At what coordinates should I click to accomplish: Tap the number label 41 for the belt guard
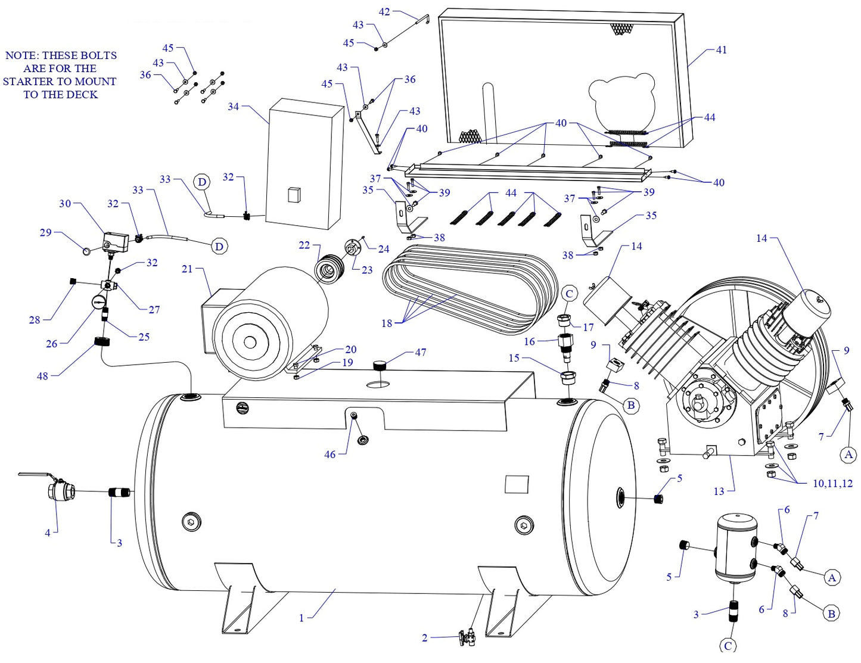(x=721, y=50)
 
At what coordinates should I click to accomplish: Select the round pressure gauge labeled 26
(x=98, y=301)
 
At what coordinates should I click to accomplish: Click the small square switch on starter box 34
(x=294, y=195)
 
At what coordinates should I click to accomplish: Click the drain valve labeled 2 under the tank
(x=467, y=637)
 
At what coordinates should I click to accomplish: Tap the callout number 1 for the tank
(x=301, y=618)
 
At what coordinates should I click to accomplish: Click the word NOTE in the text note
(x=21, y=55)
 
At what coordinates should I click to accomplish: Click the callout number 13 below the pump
(x=719, y=491)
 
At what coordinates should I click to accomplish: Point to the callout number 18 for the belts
(x=387, y=323)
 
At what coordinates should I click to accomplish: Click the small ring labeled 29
(x=87, y=251)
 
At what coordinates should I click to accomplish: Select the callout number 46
(x=330, y=455)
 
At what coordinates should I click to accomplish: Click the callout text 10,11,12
(x=832, y=483)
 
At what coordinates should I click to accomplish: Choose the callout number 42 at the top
(x=384, y=12)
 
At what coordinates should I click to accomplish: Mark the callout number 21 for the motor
(x=187, y=269)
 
